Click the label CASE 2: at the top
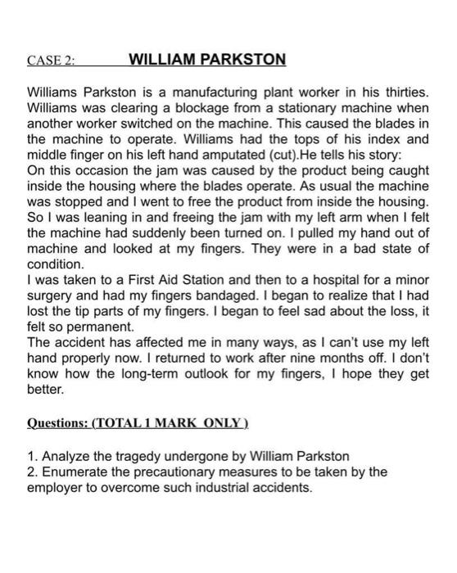51,60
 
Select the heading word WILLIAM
165,59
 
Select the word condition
55,265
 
